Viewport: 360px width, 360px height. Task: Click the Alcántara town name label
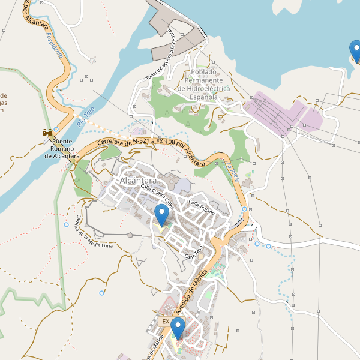pyautogui.click(x=138, y=181)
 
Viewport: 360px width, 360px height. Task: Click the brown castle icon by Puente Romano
pyautogui.click(x=46, y=133)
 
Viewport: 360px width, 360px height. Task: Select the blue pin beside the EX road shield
pyautogui.click(x=178, y=328)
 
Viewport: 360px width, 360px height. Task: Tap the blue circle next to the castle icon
pyautogui.click(x=56, y=129)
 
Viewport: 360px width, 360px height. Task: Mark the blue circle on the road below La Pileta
pyautogui.click(x=244, y=209)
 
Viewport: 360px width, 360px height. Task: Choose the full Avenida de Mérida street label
pyautogui.click(x=194, y=290)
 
